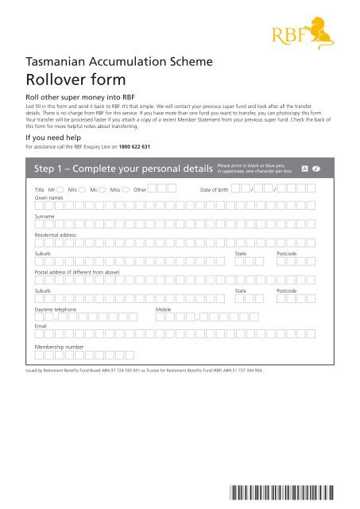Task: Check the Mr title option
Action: click(60, 191)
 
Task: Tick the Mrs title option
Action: click(83, 191)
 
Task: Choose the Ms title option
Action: click(104, 191)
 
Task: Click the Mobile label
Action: click(164, 308)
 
